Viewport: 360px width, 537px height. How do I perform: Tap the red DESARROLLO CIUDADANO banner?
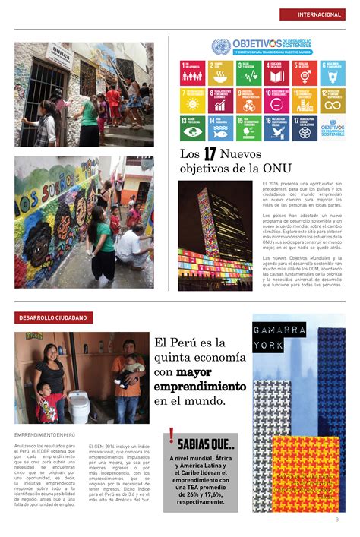53,317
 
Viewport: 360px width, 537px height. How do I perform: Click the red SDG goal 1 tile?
191,72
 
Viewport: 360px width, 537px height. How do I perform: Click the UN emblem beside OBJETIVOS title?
220,46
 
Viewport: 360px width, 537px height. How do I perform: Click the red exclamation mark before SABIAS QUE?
172,437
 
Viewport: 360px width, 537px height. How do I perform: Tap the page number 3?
336,519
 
